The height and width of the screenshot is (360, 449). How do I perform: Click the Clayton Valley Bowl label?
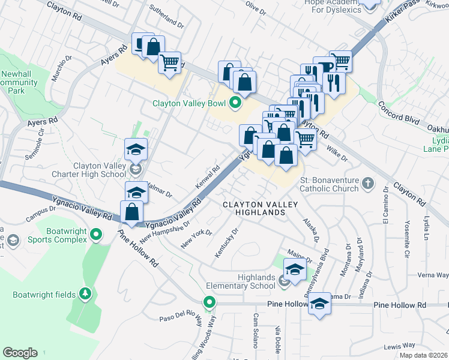pos(188,104)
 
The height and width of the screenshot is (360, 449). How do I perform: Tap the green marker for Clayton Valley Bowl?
pos(235,104)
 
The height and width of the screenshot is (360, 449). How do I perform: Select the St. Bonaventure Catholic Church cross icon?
pos(369,182)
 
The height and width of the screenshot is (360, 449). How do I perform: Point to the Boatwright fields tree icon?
pos(85,293)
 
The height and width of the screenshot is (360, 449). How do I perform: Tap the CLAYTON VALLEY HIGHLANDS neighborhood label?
pos(261,209)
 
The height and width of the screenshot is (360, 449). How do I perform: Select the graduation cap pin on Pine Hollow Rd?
pos(320,302)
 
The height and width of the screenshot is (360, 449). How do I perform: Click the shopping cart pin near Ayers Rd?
pos(170,62)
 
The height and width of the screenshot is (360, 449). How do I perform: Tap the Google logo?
pos(20,353)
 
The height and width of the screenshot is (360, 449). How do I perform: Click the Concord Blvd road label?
pos(399,112)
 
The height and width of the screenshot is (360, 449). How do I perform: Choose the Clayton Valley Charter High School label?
pos(99,170)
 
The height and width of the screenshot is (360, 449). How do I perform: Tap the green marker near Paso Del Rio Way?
pos(209,302)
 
